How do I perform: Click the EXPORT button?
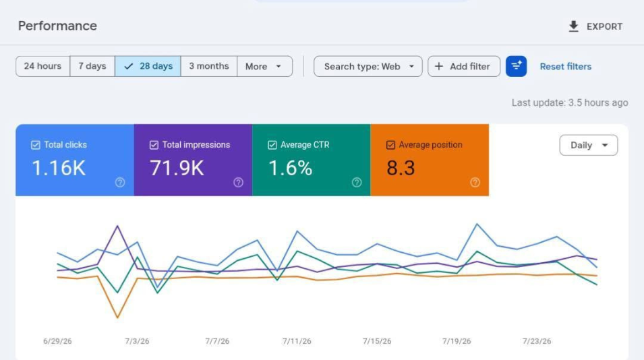595,26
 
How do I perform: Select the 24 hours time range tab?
42,66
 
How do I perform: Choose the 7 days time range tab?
92,66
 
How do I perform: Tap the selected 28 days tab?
148,66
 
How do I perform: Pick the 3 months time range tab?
209,66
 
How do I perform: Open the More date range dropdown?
265,66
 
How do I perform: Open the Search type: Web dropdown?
368,66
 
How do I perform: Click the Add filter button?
464,66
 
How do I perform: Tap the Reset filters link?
566,67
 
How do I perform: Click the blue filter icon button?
517,66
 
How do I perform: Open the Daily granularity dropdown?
589,145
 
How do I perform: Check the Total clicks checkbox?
36,145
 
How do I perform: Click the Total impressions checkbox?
154,145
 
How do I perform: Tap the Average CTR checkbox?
272,145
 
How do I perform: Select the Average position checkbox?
390,145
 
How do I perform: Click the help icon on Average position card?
475,182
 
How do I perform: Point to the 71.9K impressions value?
177,168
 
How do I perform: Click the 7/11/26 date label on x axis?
297,341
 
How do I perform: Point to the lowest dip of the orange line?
117,318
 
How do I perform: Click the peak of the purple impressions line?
117,226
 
